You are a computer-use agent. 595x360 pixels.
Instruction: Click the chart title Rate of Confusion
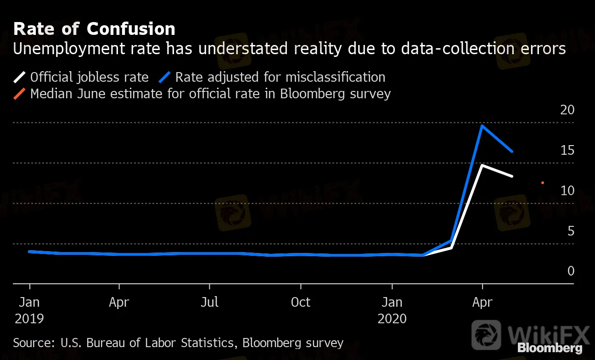pyautogui.click(x=94, y=29)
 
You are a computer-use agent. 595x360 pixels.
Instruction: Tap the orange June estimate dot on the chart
pyautogui.click(x=543, y=183)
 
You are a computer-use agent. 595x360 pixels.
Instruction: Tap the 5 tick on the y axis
pyautogui.click(x=571, y=231)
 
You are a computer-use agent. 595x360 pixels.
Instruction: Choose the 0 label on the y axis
pyautogui.click(x=571, y=271)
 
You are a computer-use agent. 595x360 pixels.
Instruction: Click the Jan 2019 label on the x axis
pyautogui.click(x=29, y=310)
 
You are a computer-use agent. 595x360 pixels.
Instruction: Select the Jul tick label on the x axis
pyautogui.click(x=210, y=303)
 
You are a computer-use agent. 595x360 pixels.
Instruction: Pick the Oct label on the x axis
pyautogui.click(x=301, y=303)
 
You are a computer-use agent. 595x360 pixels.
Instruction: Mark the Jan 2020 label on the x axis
pyautogui.click(x=392, y=310)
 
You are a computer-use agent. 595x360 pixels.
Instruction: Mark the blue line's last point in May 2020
pyautogui.click(x=512, y=152)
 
